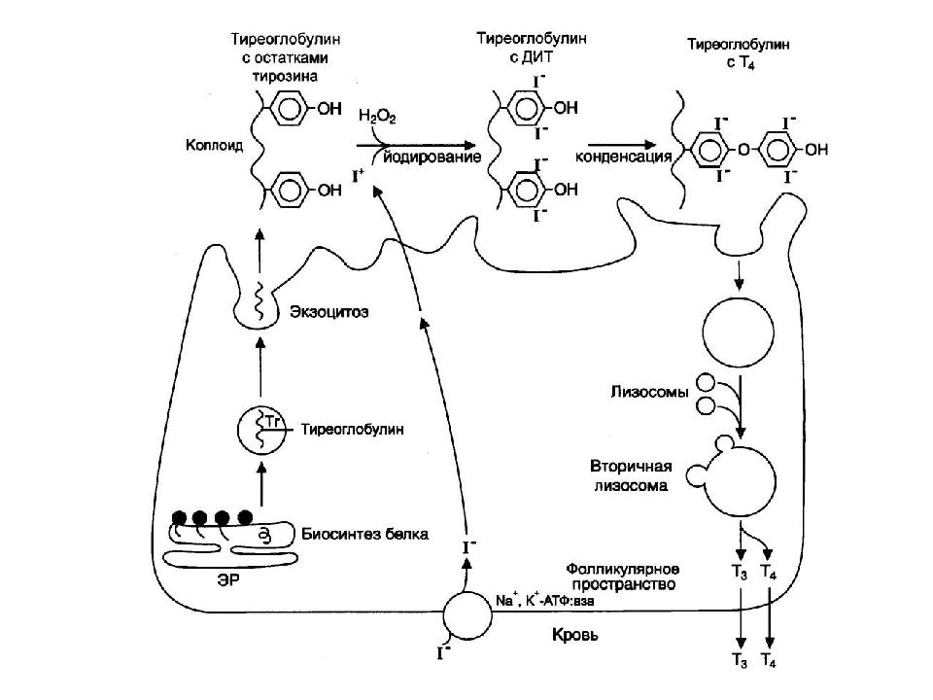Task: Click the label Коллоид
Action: click(214, 145)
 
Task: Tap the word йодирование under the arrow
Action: click(432, 157)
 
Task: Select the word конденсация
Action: click(623, 157)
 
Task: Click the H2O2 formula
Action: click(377, 116)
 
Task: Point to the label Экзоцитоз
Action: click(329, 311)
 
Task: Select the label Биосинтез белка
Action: click(364, 534)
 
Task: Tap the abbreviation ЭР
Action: click(228, 578)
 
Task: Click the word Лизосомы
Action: click(649, 392)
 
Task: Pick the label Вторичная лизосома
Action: click(631, 475)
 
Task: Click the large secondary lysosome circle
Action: click(741, 481)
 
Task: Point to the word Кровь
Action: click(575, 635)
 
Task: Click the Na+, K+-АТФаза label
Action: click(544, 601)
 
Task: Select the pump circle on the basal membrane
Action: click(467, 615)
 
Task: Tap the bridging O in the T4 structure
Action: click(743, 150)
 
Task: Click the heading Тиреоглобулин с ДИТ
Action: click(532, 48)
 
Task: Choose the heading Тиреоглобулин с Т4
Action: click(739, 53)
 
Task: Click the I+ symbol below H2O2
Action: click(358, 176)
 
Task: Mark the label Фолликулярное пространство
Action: click(622, 577)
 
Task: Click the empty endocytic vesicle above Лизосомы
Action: click(739, 332)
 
